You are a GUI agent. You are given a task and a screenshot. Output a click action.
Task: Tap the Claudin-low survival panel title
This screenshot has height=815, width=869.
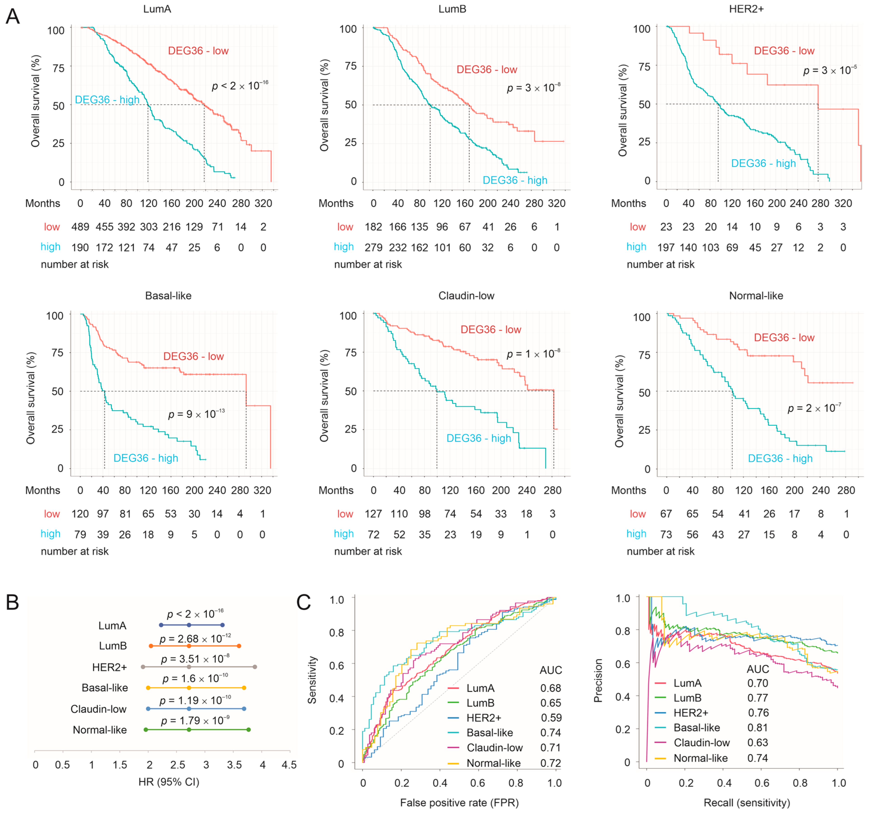(466, 296)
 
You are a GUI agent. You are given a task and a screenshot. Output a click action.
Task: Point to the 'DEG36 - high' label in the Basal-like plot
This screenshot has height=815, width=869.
(146, 458)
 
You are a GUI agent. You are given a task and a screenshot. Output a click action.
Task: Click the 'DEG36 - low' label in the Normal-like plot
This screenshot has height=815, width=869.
(784, 337)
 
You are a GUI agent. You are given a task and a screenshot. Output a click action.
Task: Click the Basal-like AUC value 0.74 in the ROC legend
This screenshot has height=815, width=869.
(550, 732)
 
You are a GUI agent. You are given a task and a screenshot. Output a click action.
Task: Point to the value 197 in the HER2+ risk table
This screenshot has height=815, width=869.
(666, 248)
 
